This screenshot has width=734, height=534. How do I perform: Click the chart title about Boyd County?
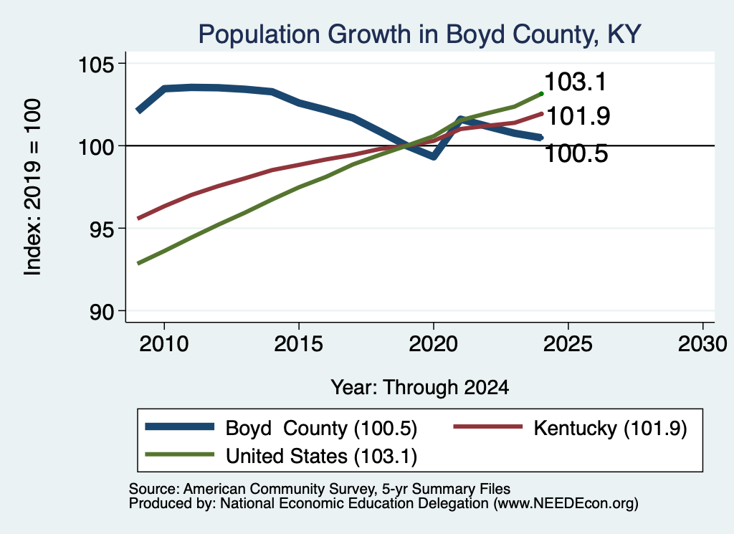(419, 34)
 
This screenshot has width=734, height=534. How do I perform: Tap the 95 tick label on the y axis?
(102, 229)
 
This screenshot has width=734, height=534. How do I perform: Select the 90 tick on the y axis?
(102, 312)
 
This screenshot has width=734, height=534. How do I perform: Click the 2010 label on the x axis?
(164, 344)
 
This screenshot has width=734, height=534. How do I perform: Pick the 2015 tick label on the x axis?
(299, 344)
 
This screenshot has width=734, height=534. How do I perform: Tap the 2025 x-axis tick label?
(568, 344)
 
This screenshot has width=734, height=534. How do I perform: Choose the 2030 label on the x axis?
(702, 344)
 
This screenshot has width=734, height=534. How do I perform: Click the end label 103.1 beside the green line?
(576, 82)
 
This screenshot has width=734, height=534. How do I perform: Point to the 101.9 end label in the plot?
(578, 116)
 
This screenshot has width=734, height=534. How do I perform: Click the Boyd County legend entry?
(281, 428)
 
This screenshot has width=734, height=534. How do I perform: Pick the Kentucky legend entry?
(570, 428)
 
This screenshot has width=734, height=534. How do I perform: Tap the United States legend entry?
(281, 456)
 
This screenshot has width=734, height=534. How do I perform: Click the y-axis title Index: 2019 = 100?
(33, 187)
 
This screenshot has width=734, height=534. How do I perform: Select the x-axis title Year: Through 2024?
(420, 388)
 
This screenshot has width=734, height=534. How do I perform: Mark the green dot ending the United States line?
(542, 94)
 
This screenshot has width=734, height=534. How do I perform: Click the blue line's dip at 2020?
(434, 156)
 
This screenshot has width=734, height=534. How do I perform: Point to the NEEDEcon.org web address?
(565, 504)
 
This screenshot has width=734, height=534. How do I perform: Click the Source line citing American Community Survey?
(320, 489)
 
